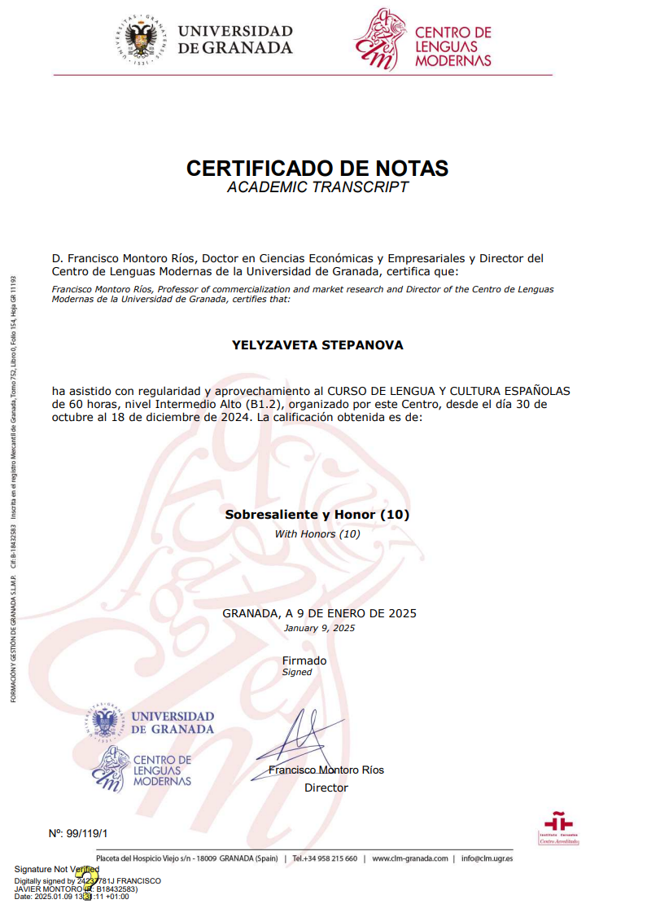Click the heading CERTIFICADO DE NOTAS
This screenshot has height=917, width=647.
(317, 169)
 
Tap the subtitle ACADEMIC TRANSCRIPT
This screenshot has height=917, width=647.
(317, 188)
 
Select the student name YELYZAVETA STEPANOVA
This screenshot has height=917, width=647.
(317, 345)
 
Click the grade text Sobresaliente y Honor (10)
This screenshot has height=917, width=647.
(317, 515)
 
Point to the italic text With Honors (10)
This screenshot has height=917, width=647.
(317, 534)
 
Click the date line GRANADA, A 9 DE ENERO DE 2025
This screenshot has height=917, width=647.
(319, 613)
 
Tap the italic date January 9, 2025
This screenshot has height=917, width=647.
(319, 629)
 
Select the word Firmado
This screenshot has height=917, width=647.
(304, 660)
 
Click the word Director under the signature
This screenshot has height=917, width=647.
(326, 788)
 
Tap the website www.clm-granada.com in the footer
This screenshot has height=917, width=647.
(410, 858)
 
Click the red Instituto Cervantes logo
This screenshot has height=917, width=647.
(558, 827)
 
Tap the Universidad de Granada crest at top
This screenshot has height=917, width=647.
(142, 40)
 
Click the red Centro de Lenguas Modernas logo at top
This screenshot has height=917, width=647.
(379, 40)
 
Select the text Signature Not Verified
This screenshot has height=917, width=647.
(56, 870)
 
